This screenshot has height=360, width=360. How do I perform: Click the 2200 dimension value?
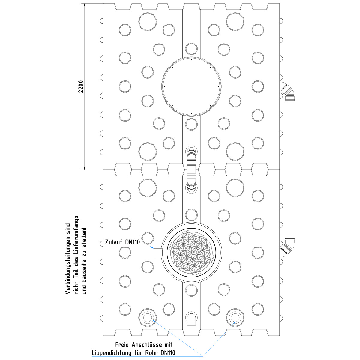[x=81, y=86]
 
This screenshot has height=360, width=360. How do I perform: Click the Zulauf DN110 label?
[x=122, y=242]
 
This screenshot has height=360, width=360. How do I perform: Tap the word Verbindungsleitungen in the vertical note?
[x=68, y=259]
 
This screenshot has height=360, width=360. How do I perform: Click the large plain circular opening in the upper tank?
[x=191, y=86]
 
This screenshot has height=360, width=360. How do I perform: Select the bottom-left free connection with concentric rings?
[x=148, y=317]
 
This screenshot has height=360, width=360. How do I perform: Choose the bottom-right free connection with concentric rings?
[x=235, y=317]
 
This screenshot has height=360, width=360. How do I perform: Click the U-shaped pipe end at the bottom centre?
[x=191, y=319]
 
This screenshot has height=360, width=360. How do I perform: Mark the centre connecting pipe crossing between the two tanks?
[x=191, y=169]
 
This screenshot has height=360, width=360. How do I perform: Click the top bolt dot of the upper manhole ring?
[x=191, y=60]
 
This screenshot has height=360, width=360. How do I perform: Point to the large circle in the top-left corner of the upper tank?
[x=148, y=22]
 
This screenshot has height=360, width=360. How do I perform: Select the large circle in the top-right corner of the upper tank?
[x=235, y=22]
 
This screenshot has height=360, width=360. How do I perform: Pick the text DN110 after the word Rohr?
[x=168, y=353]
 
